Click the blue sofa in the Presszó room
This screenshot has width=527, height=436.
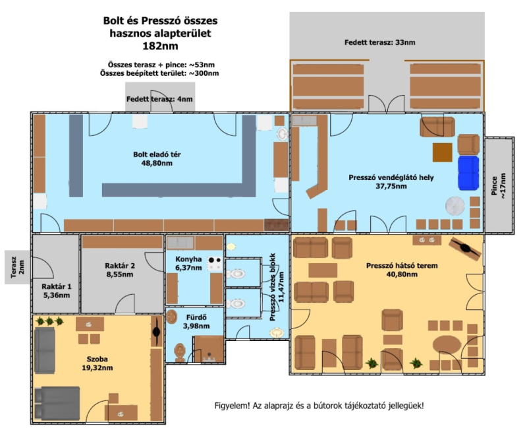pyautogui.click(x=468, y=173)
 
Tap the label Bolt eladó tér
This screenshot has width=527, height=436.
pyautogui.click(x=157, y=154)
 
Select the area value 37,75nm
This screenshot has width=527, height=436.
pyautogui.click(x=391, y=186)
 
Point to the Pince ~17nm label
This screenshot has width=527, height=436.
pyautogui.click(x=498, y=186)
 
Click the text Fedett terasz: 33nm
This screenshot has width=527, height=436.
pyautogui.click(x=380, y=42)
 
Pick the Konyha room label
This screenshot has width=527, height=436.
pyautogui.click(x=188, y=259)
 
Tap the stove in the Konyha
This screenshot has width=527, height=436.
pyautogui.click(x=215, y=263)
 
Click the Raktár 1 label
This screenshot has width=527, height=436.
pyautogui.click(x=57, y=287)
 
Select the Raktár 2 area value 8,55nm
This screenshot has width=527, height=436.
pyautogui.click(x=120, y=274)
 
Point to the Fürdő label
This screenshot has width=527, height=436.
pyautogui.click(x=196, y=317)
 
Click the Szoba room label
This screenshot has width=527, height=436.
pyautogui.click(x=97, y=359)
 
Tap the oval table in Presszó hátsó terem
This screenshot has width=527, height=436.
pyautogui.click(x=447, y=345)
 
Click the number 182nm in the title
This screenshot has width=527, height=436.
pyautogui.click(x=160, y=46)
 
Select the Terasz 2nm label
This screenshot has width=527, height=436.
pyautogui.click(x=17, y=267)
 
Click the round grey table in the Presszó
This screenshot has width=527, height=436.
pyautogui.click(x=455, y=206)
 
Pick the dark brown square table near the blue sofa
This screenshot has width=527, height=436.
pyautogui.click(x=442, y=152)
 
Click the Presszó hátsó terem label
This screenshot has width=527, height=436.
pyautogui.click(x=402, y=265)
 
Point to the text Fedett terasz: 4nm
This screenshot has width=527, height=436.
pyautogui.click(x=159, y=99)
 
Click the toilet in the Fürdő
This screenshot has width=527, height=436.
pyautogui.click(x=180, y=352)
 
